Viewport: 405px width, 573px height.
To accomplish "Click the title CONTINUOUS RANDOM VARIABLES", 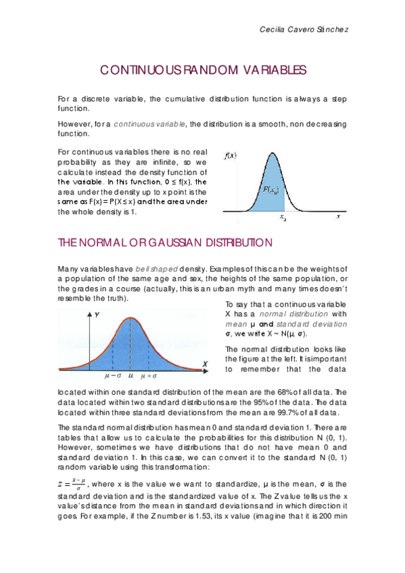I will [x=203, y=70].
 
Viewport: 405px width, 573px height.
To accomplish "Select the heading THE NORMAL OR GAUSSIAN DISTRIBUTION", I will [x=165, y=242].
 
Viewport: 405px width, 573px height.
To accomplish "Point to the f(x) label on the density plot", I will [x=231, y=156].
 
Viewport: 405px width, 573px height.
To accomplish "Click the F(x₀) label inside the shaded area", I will [x=271, y=190].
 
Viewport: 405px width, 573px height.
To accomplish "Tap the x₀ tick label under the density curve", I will [x=283, y=218].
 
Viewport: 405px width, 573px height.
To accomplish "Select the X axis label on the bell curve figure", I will [x=205, y=365].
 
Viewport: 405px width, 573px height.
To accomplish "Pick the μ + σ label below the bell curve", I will [x=147, y=376].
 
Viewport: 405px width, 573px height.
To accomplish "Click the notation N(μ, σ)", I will [x=293, y=333].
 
